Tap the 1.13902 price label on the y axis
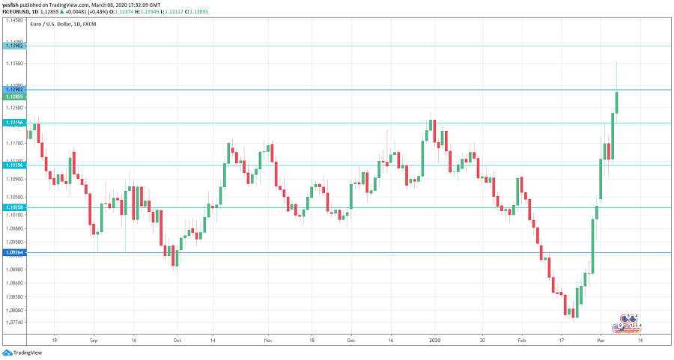[x=15, y=46]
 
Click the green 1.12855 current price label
[x=15, y=97]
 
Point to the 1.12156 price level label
[x=15, y=122]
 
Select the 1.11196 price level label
[x=15, y=165]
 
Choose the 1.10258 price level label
[x=15, y=207]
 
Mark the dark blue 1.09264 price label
[x=15, y=252]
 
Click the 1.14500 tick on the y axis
[x=15, y=20]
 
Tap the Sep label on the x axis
[x=93, y=339]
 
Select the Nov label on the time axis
[x=269, y=339]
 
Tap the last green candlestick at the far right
[x=616, y=102]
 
